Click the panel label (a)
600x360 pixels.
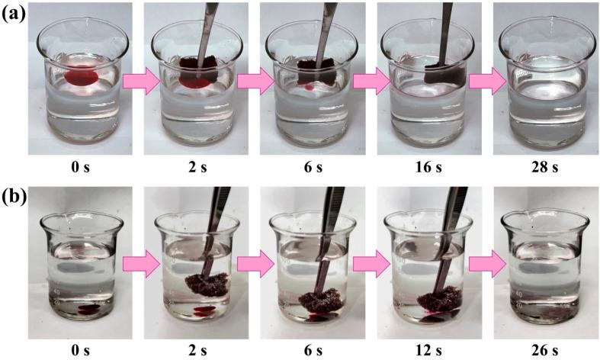[x=14, y=14]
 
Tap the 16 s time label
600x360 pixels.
[x=428, y=167]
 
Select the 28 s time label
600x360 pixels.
[x=545, y=167]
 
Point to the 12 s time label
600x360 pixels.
[x=428, y=350]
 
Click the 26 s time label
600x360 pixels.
[x=545, y=350]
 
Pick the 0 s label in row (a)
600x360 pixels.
[x=80, y=167]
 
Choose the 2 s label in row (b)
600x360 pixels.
[x=197, y=350]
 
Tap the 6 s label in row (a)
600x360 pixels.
[x=313, y=167]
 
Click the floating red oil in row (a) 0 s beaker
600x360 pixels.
[x=81, y=76]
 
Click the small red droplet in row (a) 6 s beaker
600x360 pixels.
[x=310, y=88]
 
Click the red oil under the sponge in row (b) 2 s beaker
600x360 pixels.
[x=203, y=310]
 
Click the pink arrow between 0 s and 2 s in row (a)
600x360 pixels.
[x=141, y=81]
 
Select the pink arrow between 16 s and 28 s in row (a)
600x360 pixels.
[x=487, y=81]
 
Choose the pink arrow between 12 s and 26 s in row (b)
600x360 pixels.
[x=487, y=264]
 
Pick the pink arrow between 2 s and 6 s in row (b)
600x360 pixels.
[x=255, y=264]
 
